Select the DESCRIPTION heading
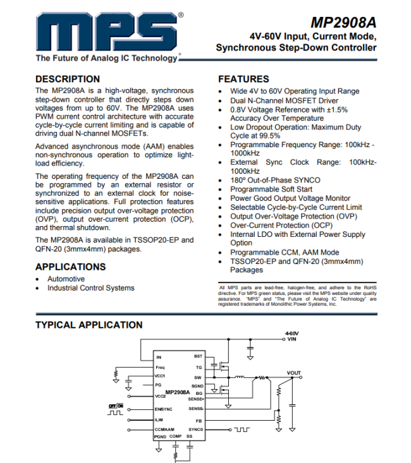(x=67, y=79)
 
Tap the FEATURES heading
(x=243, y=79)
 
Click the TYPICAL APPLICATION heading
(x=89, y=325)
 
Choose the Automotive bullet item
(x=66, y=279)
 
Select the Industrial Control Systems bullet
(x=90, y=288)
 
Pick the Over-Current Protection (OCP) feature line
(x=281, y=225)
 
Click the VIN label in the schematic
(x=291, y=339)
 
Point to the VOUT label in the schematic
(x=293, y=373)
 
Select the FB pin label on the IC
(x=199, y=420)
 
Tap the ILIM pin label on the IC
(x=159, y=420)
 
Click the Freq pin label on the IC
(x=159, y=367)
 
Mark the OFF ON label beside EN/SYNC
(x=116, y=405)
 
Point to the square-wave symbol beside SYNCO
(x=242, y=430)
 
